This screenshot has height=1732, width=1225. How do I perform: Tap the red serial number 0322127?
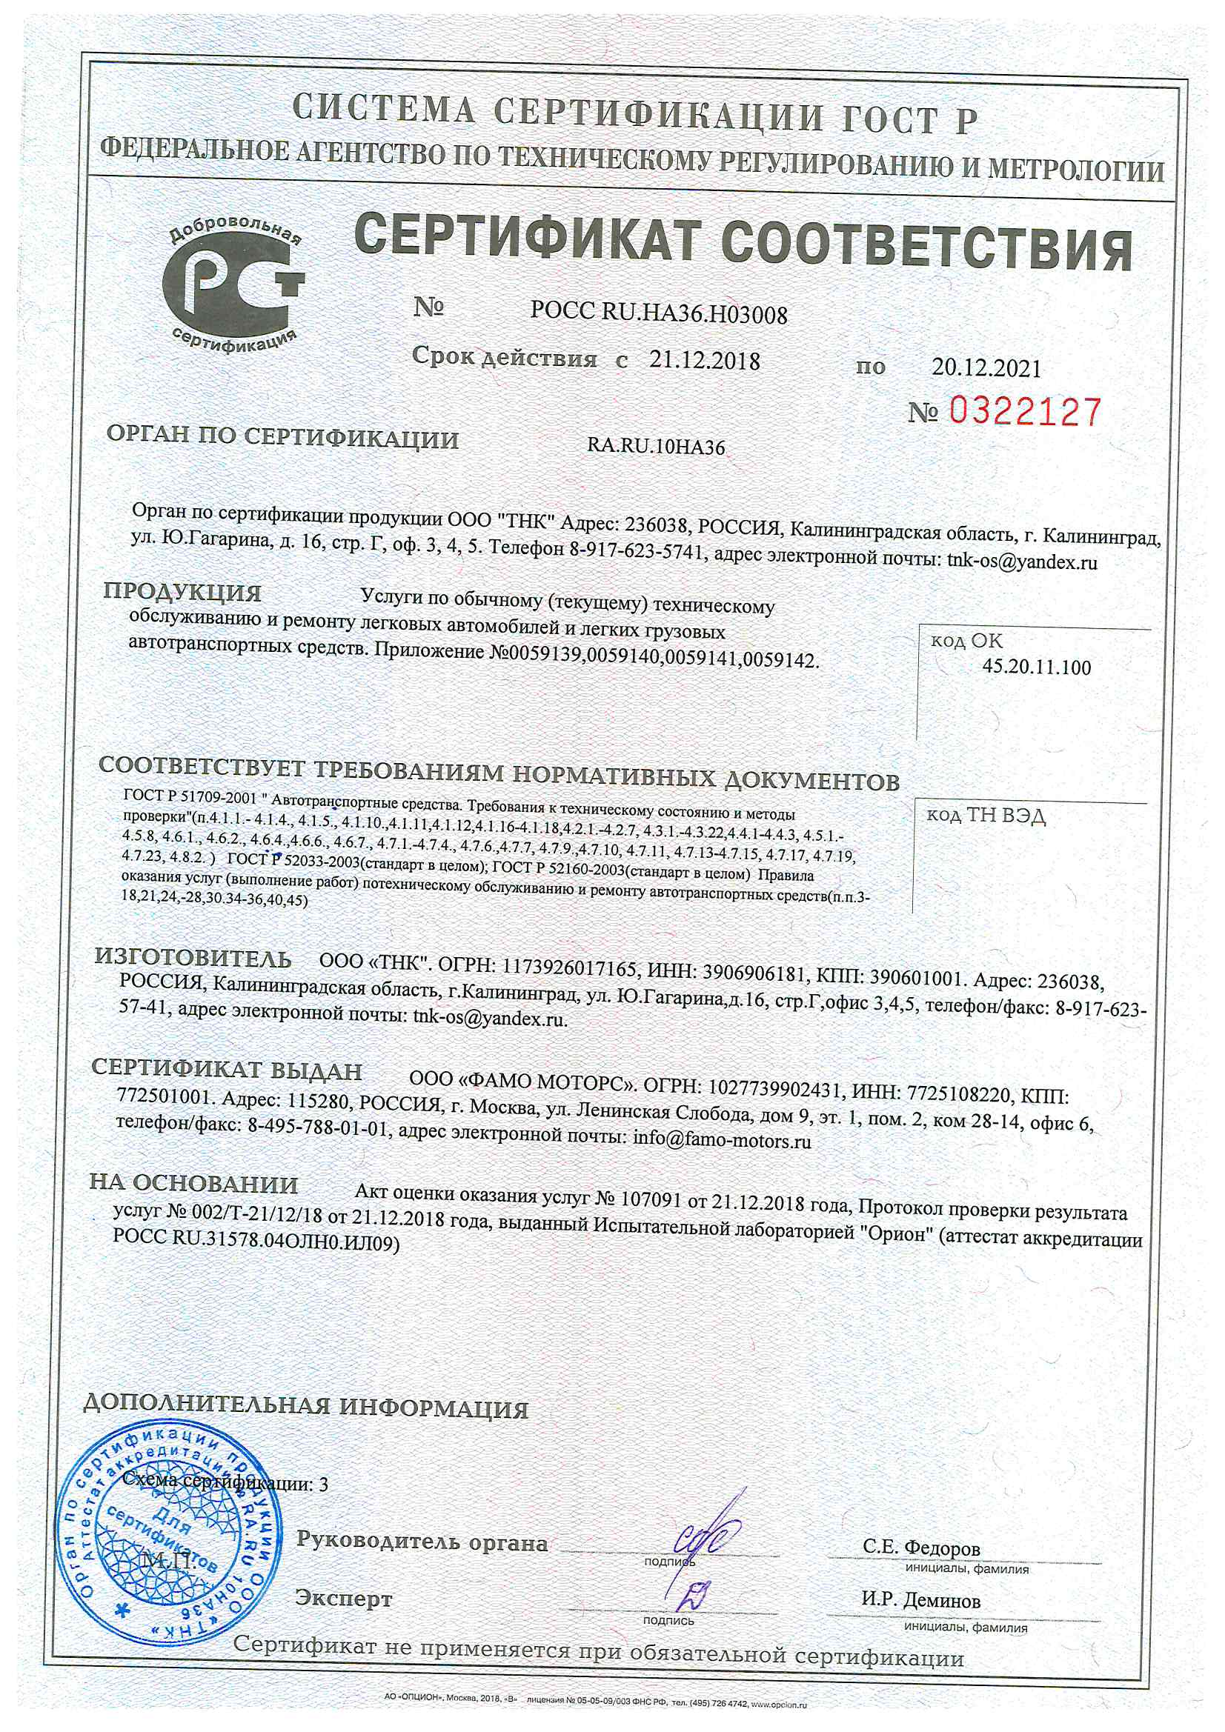pos(1024,412)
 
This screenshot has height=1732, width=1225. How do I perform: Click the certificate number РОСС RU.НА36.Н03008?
pos(658,313)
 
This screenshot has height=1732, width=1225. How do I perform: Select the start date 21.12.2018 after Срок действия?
pos(704,361)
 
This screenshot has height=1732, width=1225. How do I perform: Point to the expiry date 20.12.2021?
pos(986,368)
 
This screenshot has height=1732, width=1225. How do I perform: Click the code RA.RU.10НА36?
pos(655,447)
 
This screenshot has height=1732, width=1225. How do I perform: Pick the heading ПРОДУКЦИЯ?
pos(182,592)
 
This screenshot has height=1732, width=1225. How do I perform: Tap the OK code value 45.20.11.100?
pos(1036,667)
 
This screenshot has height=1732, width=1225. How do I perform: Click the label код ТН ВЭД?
pos(986,816)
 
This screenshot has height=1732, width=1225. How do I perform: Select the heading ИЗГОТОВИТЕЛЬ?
pos(193,958)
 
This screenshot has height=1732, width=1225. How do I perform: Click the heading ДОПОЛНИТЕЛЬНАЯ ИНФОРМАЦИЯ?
pos(305,1407)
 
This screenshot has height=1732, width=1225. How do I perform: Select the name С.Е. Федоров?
pos(922,1548)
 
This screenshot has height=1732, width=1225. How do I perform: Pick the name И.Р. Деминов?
pos(921,1600)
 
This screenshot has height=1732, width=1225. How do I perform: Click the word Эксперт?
pos(343,1599)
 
